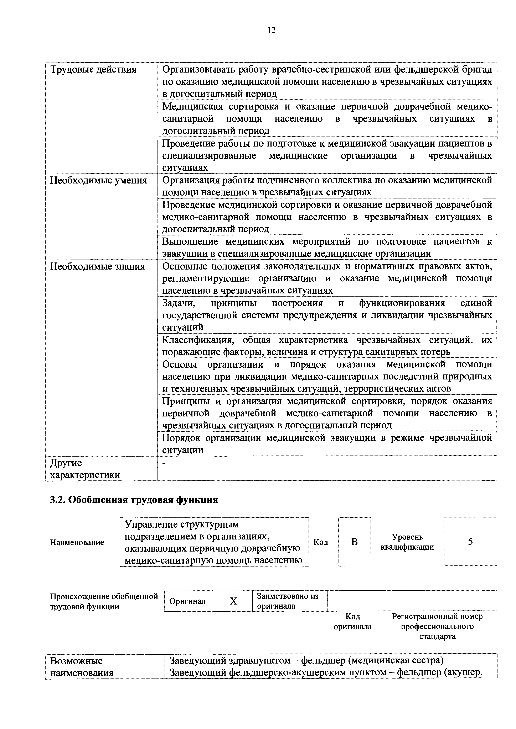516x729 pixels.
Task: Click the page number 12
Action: point(271,30)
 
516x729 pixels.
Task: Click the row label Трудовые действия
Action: point(93,70)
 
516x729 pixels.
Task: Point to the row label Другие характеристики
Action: point(85,469)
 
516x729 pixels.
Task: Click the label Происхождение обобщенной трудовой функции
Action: point(104,601)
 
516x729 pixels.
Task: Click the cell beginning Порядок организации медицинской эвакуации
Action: point(327,443)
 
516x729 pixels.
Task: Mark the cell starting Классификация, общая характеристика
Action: point(327,346)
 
